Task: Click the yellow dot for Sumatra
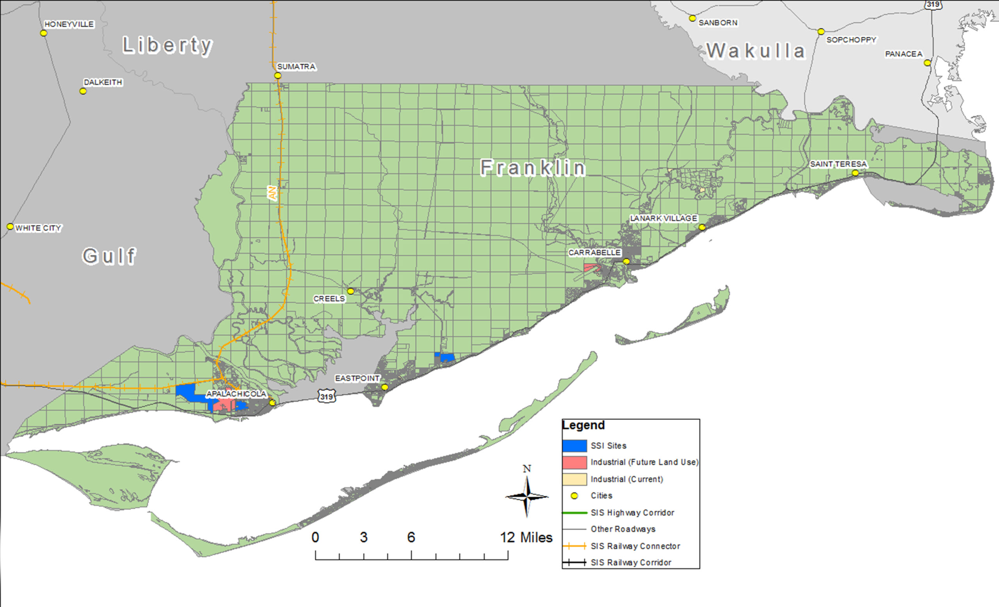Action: click(x=278, y=75)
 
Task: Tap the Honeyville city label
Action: click(x=69, y=24)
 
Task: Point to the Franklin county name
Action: click(x=533, y=168)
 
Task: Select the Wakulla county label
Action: click(x=756, y=51)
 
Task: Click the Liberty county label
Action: click(x=167, y=45)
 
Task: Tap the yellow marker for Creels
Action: click(x=351, y=291)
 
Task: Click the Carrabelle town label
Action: click(x=594, y=252)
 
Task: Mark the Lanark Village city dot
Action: click(x=702, y=227)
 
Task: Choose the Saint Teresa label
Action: click(x=838, y=164)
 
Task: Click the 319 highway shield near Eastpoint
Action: click(x=326, y=396)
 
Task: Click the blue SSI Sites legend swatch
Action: click(x=574, y=446)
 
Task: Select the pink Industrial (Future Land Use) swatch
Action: click(x=574, y=462)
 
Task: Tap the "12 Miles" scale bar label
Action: click(x=526, y=537)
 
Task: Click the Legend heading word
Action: click(x=583, y=425)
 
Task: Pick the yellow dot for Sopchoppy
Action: click(x=821, y=32)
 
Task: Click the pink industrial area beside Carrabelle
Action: click(x=592, y=268)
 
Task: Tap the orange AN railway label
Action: click(x=272, y=193)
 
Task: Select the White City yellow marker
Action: click(x=10, y=227)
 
